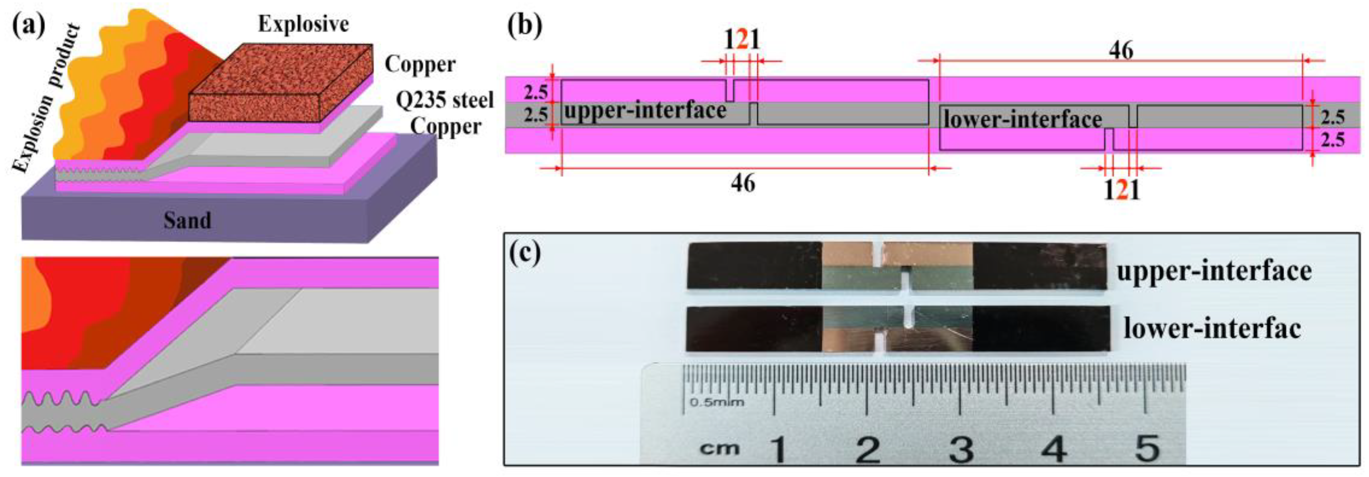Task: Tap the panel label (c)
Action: pos(524,254)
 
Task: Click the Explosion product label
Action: pos(47,98)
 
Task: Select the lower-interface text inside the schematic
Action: pos(1022,120)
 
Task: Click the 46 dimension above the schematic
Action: pos(1121,51)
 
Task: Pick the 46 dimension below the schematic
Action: pos(743,183)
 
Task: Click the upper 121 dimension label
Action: pos(743,39)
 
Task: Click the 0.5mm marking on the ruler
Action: pos(717,402)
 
